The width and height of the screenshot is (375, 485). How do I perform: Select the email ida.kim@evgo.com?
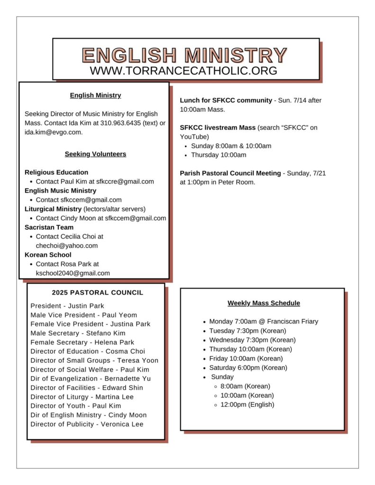(x=53, y=132)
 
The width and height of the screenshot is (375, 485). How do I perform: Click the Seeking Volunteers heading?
(x=95, y=154)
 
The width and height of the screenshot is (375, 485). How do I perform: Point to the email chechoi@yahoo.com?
(x=67, y=245)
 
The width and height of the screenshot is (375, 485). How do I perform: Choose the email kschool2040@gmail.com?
(x=73, y=273)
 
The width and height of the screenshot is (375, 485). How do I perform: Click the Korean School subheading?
(x=48, y=255)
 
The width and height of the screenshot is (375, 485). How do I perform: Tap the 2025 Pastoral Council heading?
(x=97, y=293)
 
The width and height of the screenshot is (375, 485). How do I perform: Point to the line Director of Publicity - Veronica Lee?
(x=87, y=424)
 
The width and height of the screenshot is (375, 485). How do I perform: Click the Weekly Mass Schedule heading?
(x=264, y=303)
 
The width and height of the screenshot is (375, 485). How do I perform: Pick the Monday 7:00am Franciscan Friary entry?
(x=264, y=322)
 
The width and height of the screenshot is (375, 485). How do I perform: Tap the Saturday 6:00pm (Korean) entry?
(x=248, y=368)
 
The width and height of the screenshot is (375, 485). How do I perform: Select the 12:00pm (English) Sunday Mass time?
(x=247, y=404)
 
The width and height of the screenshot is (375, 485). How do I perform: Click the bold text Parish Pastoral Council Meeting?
(x=230, y=173)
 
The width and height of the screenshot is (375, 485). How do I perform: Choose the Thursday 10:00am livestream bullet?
(x=219, y=155)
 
